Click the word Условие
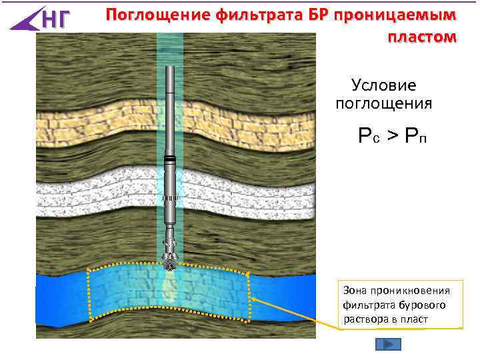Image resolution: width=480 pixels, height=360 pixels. coord(383,85)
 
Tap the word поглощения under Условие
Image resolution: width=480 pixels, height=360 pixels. coord(383,104)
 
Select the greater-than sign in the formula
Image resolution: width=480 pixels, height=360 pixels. coord(393,137)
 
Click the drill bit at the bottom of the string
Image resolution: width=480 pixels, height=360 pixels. coord(171,261)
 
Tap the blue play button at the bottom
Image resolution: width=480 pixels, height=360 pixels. coord(388,344)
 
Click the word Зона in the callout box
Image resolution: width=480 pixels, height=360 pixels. coord(354,290)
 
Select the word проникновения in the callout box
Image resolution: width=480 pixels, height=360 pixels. coord(410,290)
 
